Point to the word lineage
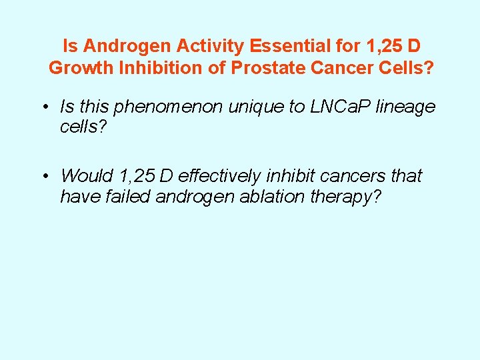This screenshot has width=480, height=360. click(x=407, y=107)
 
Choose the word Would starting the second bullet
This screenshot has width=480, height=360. click(x=87, y=176)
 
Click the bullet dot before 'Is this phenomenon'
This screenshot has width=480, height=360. click(x=44, y=107)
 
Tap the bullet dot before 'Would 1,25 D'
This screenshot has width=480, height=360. click(x=44, y=177)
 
